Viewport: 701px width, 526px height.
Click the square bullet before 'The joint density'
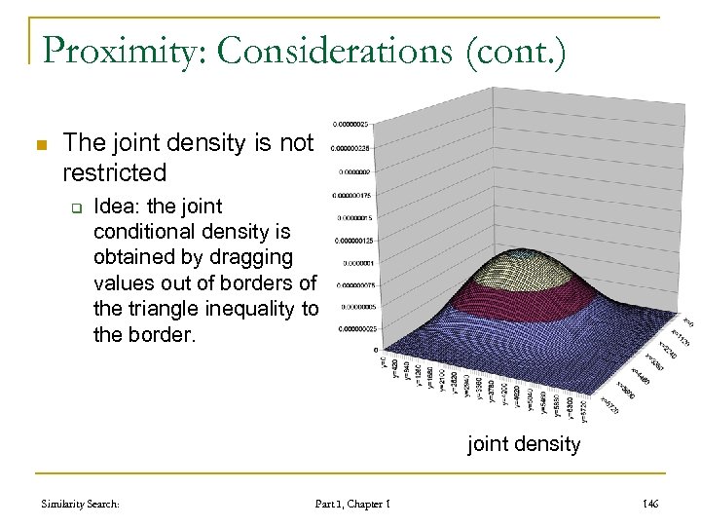point(40,145)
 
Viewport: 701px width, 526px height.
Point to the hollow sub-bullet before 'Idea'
point(74,207)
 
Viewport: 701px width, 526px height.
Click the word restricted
point(114,173)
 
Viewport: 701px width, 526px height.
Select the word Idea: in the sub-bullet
point(116,207)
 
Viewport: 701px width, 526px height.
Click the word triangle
point(162,308)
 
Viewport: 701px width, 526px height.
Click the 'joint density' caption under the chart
point(524,445)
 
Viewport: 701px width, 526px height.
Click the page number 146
point(650,504)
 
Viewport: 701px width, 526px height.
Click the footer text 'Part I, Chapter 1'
point(352,504)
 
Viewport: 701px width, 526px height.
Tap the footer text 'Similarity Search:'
point(81,504)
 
